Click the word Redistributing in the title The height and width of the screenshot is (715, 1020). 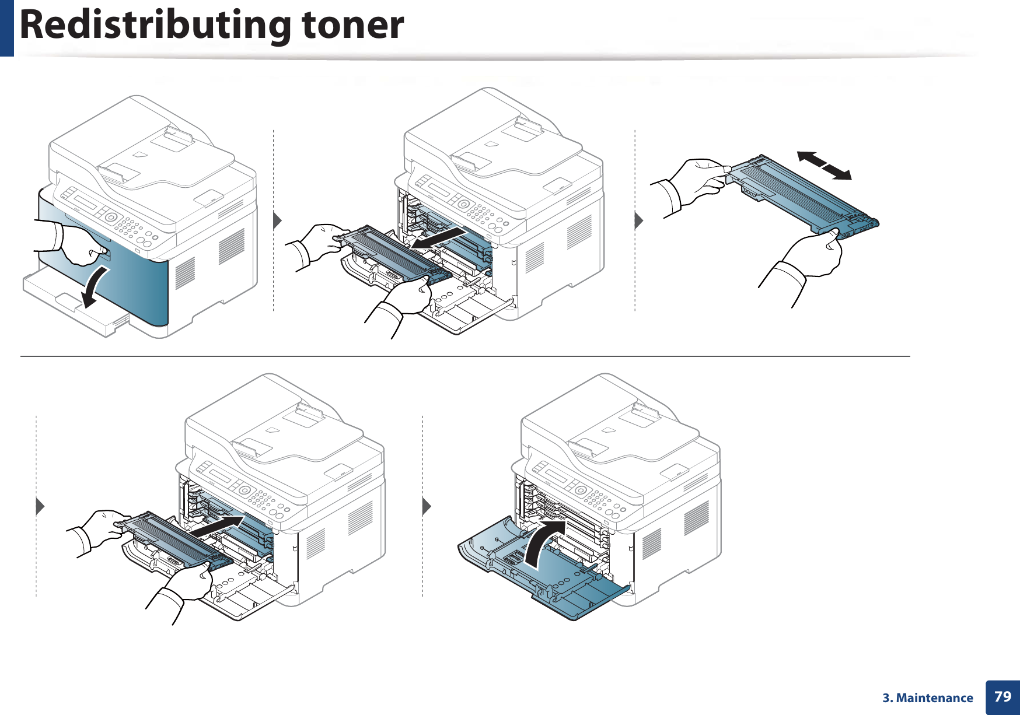[155, 26]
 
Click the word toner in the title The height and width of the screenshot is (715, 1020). [352, 26]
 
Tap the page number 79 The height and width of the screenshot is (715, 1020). [1002, 696]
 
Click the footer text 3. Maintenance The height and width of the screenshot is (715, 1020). [927, 698]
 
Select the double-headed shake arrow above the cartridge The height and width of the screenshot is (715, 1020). [824, 165]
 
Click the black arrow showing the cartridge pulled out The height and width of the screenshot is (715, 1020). [438, 239]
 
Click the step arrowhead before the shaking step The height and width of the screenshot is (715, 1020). [639, 221]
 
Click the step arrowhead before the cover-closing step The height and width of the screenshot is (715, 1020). [427, 506]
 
